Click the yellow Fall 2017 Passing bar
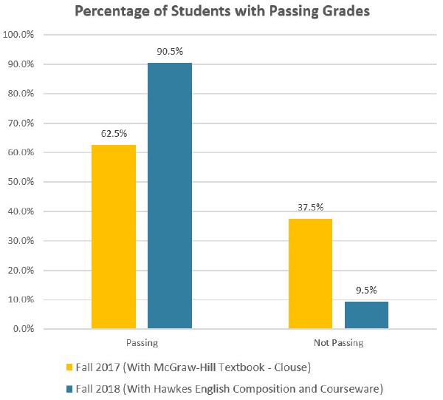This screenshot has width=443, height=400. [x=114, y=237]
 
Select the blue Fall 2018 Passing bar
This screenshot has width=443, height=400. [x=170, y=196]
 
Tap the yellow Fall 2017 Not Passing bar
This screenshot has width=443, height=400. [x=310, y=274]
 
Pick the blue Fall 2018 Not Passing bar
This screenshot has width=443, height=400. [x=366, y=315]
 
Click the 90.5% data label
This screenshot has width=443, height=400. [x=170, y=51]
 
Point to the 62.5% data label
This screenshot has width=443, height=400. [x=114, y=134]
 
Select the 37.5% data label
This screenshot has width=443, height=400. [x=310, y=207]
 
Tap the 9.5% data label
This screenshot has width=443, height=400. [x=366, y=289]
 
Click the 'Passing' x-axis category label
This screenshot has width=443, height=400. [x=142, y=343]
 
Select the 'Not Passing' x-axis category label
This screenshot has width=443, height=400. [x=338, y=343]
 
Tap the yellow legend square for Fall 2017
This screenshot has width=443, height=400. [x=70, y=367]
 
